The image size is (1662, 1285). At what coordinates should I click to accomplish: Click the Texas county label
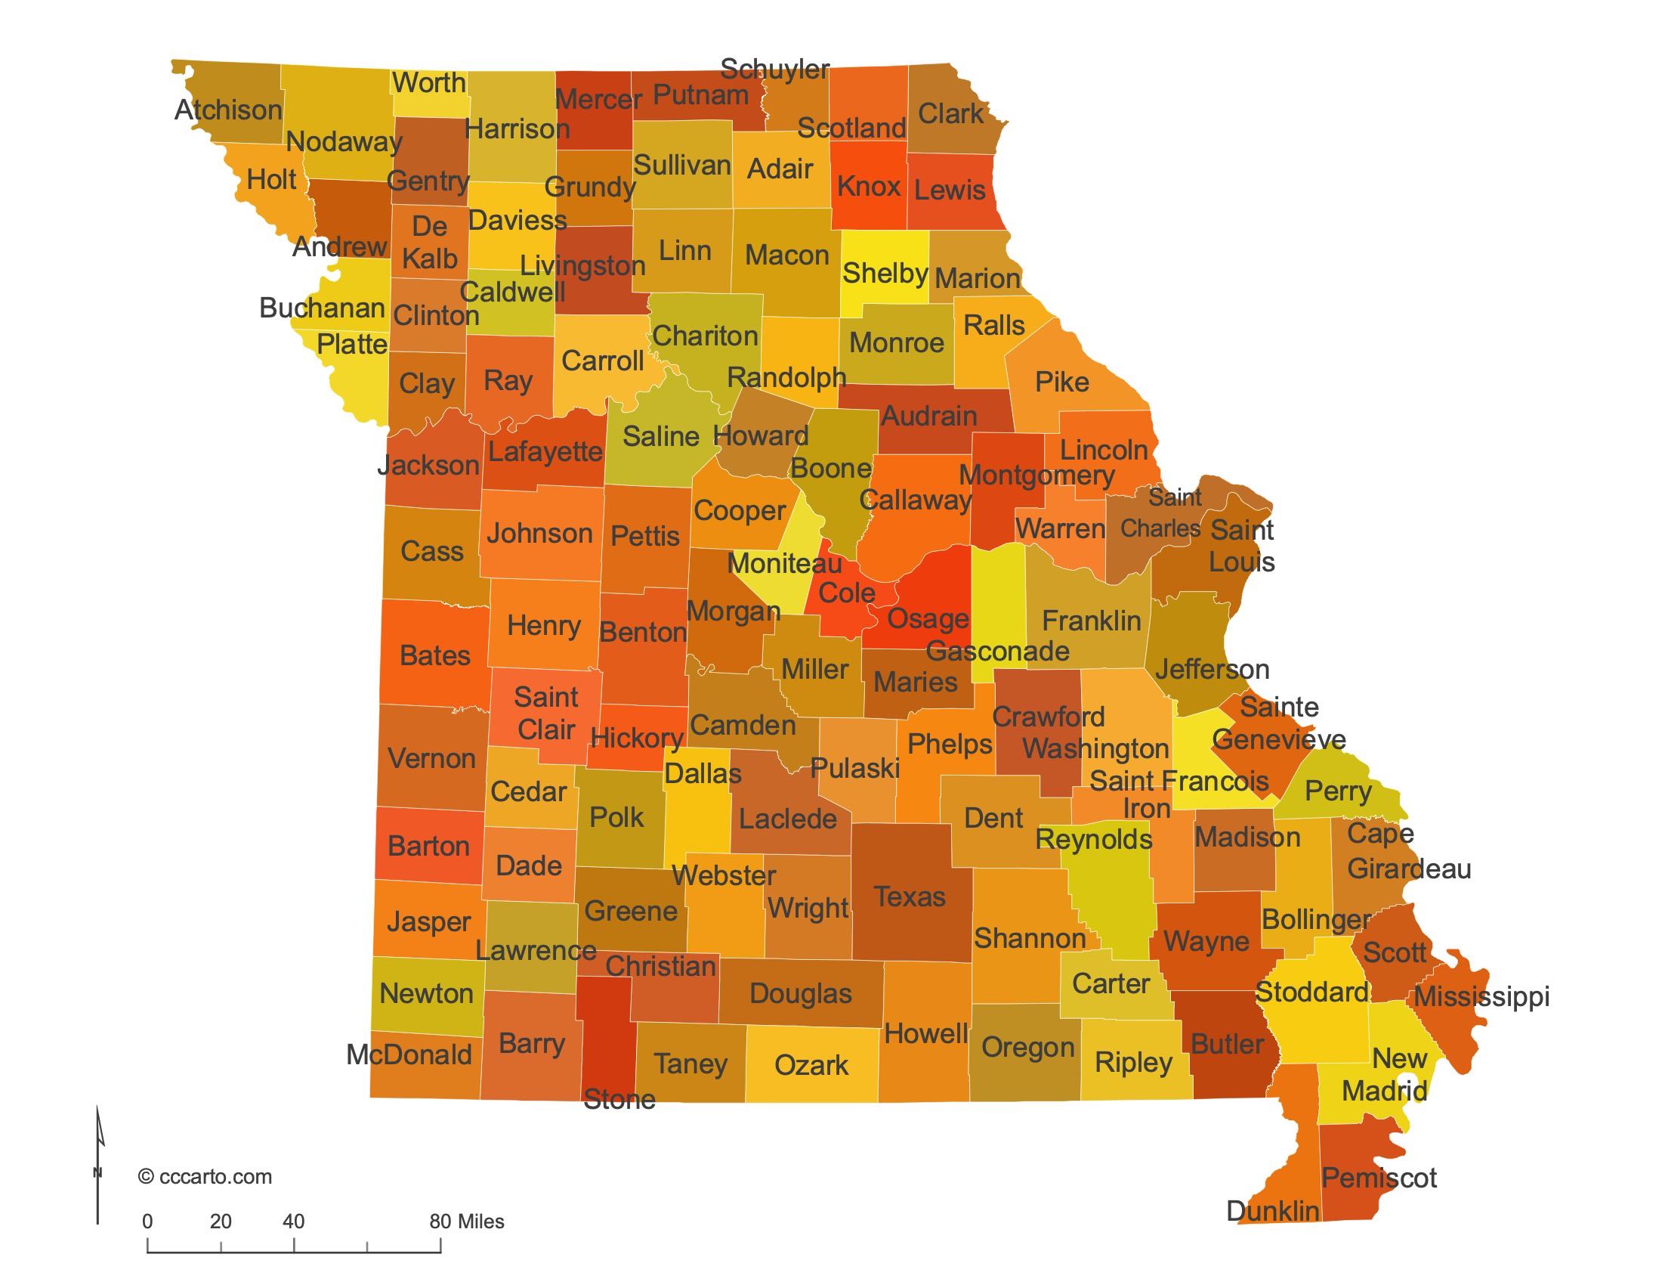(910, 896)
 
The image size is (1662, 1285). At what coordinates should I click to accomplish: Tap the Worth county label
(428, 82)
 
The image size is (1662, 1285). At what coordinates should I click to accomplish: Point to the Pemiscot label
(1378, 1178)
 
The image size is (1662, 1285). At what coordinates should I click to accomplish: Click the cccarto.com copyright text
(205, 1176)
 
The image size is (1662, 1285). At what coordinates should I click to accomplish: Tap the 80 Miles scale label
(466, 1221)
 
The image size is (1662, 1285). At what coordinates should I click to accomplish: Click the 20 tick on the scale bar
(221, 1221)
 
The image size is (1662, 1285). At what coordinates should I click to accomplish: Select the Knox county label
(868, 186)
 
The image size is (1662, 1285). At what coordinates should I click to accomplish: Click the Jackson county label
(428, 465)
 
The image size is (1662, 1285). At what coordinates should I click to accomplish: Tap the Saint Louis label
(1241, 546)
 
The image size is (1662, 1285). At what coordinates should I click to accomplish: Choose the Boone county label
(830, 468)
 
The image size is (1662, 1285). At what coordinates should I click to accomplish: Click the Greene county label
(630, 911)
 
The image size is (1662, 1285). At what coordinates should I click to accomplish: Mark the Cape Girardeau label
(1408, 850)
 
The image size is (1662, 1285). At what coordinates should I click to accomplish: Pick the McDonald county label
(409, 1054)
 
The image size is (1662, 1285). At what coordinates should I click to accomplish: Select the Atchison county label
(228, 110)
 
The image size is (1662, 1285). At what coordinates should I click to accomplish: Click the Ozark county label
(811, 1065)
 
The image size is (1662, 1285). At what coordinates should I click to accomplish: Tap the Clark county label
(950, 114)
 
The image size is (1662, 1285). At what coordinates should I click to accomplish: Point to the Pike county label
(1061, 382)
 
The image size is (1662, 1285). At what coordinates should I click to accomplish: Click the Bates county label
(434, 655)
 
